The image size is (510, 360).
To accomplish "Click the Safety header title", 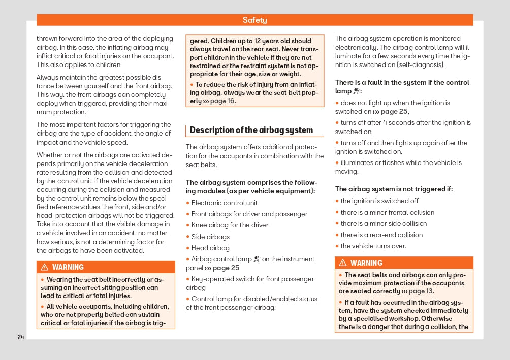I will tap(254, 20).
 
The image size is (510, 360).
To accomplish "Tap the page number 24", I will tap(21, 337).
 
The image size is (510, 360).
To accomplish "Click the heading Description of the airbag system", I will tap(251, 130).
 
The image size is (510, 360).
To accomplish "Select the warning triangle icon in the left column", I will tap(45, 267).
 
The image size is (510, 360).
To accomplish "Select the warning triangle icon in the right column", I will tap(343, 263).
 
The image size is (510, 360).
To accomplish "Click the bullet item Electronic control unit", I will tap(224, 203).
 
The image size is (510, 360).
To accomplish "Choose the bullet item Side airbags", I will tap(210, 237).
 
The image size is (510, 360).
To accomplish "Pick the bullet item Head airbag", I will tap(210, 248).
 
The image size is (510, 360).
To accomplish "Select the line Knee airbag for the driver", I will tap(230, 225).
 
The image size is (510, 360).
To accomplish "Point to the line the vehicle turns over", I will tap(373, 246).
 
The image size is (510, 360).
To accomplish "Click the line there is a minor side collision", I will tap(384, 223).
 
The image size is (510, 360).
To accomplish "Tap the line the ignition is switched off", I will tap(379, 201).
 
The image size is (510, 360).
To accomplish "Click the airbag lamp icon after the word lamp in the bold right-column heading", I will tap(357, 91).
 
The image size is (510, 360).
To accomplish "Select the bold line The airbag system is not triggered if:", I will tap(394, 189).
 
